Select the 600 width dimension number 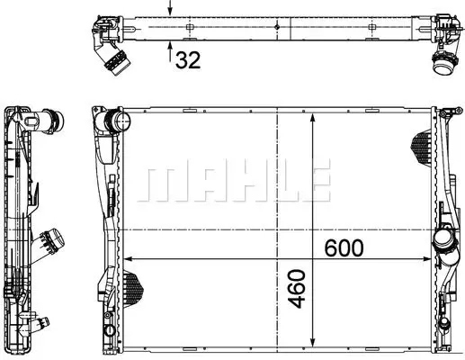pyautogui.click(x=344, y=246)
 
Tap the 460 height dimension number pyautogui.click(x=299, y=288)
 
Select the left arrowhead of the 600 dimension pyautogui.click(x=125, y=260)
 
